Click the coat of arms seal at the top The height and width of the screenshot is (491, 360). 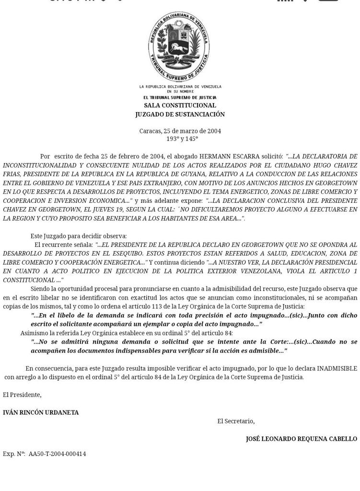click(179, 47)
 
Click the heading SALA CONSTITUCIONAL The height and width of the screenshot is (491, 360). click(180, 105)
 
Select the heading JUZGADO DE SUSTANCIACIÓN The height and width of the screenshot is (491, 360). click(180, 115)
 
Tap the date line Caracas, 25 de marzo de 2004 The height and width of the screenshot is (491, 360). click(180, 131)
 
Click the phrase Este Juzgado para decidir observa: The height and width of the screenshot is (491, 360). click(79, 236)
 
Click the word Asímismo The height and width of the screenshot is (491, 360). click(34, 333)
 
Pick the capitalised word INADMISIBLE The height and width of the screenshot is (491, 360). click(337, 368)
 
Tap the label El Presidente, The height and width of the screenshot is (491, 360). click(22, 395)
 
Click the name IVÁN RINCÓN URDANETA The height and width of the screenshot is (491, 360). click(41, 412)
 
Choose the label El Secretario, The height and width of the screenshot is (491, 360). click(236, 421)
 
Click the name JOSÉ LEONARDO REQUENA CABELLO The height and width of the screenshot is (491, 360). click(301, 439)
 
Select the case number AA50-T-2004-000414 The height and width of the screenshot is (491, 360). click(57, 454)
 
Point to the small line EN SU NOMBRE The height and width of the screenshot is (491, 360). click(180, 91)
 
